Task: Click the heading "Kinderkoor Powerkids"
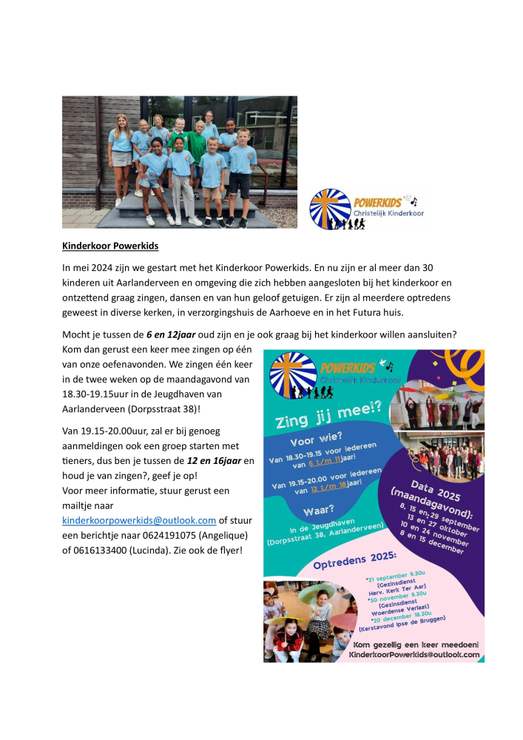point(110,245)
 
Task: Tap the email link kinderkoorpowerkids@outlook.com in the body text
point(139,520)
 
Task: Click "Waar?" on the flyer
point(320,511)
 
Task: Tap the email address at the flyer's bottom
point(414,655)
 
